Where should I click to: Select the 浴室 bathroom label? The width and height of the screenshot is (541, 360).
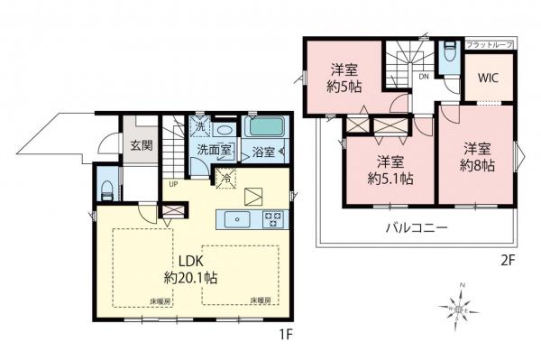coord(262,152)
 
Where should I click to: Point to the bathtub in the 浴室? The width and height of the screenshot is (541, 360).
coord(263,127)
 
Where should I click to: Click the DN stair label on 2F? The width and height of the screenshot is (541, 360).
coord(423,77)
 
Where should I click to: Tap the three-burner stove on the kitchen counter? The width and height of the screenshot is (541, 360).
coord(272,217)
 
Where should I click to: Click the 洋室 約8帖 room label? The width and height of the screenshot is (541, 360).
coord(476,155)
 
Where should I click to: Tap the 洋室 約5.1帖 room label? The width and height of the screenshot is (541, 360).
coord(389,171)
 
